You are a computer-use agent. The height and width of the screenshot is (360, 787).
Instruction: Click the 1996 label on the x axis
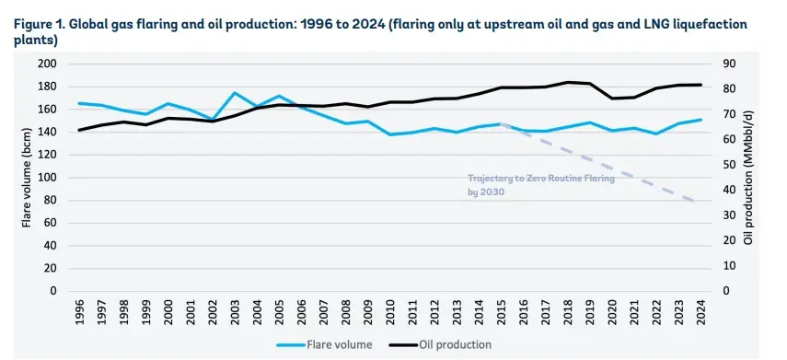(x=79, y=312)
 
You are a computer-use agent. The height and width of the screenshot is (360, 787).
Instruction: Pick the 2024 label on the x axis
(x=701, y=312)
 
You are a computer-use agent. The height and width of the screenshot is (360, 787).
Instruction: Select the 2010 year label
(x=390, y=312)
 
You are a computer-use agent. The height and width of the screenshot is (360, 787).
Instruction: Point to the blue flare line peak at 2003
(x=235, y=93)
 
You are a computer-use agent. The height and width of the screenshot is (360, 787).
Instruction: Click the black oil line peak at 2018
(x=568, y=82)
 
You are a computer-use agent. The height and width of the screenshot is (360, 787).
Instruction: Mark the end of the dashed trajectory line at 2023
(x=692, y=201)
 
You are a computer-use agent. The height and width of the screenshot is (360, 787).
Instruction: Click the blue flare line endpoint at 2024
(x=701, y=120)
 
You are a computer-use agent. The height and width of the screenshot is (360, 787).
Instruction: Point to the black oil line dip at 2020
(x=612, y=98)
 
